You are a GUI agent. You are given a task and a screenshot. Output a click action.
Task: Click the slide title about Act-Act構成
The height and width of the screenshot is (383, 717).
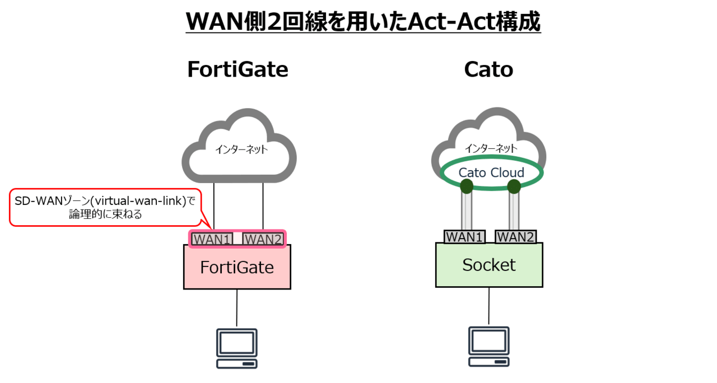(x=364, y=22)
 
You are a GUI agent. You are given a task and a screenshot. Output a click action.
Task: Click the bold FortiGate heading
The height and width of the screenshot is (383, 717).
(x=238, y=69)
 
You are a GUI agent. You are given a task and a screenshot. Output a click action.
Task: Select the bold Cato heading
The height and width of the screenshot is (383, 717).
(x=488, y=69)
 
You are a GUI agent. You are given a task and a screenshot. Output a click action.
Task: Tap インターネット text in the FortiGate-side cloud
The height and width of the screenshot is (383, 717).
(x=241, y=149)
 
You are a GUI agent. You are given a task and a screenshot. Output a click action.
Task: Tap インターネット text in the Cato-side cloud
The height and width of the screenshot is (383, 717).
(x=491, y=148)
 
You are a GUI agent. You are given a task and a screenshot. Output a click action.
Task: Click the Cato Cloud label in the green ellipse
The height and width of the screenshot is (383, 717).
(x=491, y=173)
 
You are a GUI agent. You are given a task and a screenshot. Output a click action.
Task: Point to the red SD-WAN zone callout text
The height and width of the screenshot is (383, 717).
(x=105, y=207)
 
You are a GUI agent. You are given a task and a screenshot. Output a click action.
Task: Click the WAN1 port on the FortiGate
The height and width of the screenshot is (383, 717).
(x=212, y=239)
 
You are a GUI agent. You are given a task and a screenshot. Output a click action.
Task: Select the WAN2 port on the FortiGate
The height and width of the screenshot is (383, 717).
(x=263, y=239)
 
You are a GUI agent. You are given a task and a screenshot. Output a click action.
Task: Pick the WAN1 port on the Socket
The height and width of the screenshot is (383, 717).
(x=464, y=237)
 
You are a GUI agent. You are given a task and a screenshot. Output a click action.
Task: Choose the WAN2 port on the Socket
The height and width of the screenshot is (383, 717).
(x=516, y=237)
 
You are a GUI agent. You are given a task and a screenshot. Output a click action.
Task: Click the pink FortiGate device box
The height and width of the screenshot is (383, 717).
(x=237, y=267)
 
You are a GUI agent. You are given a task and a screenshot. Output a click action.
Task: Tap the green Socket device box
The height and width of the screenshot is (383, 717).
(x=489, y=265)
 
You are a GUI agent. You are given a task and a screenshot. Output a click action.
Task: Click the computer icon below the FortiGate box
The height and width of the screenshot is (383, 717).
(x=237, y=348)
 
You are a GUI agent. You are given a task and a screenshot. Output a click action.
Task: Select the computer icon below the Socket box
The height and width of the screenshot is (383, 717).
(x=489, y=347)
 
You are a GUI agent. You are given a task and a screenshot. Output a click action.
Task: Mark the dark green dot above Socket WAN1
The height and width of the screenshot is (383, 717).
(x=467, y=186)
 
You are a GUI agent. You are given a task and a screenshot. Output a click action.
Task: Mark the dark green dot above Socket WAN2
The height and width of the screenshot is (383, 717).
(x=514, y=186)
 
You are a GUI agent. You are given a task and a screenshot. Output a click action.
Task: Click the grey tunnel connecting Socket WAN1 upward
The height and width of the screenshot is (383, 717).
(x=467, y=211)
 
